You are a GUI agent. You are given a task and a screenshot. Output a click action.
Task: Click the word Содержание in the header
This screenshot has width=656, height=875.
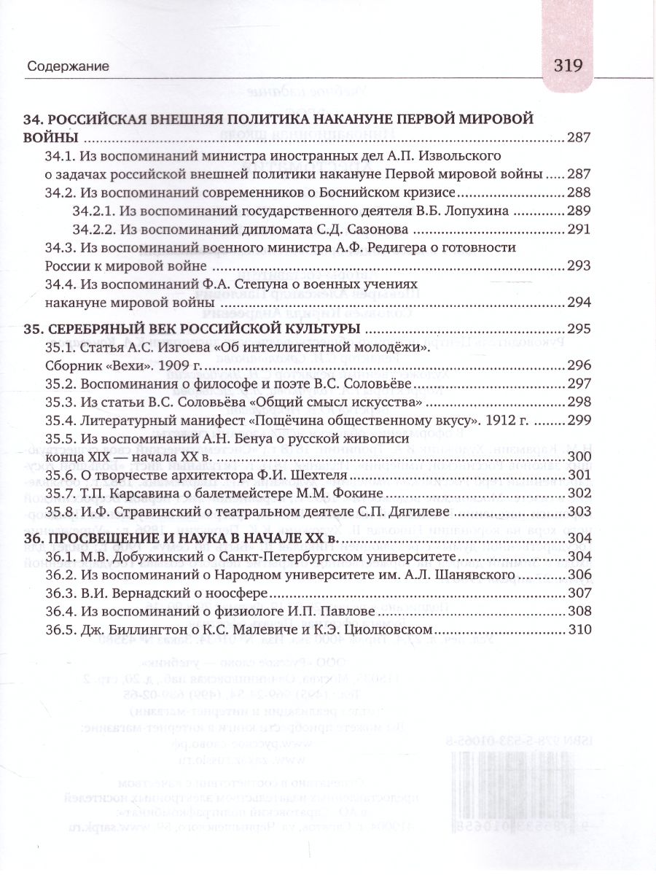click(x=68, y=66)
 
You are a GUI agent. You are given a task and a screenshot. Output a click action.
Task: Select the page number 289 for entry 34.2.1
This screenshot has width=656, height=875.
click(x=578, y=211)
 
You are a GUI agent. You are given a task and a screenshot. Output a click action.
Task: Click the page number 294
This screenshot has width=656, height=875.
click(x=578, y=302)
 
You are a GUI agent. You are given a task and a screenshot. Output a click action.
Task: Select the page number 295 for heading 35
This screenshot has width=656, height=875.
click(x=578, y=327)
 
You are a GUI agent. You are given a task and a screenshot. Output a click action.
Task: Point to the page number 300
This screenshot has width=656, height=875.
click(x=578, y=456)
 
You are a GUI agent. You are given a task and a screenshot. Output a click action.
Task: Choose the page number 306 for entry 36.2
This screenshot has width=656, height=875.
click(x=578, y=574)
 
